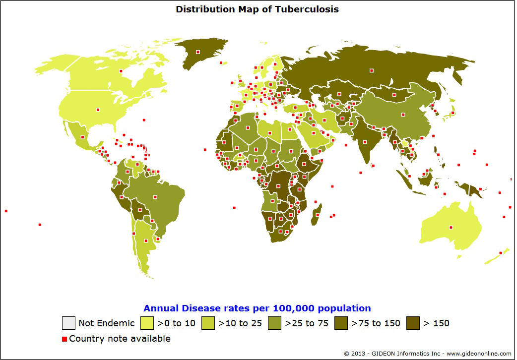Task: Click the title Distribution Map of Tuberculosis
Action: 257,9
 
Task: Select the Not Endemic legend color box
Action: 68,323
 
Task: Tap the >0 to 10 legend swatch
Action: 147,323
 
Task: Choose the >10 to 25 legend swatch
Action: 208,323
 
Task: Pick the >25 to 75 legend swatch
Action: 274,323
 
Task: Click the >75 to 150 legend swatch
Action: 341,323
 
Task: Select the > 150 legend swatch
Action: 413,323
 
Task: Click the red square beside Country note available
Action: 64,339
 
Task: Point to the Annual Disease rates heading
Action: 257,308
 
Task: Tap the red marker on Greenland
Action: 197,52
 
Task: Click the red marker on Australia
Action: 451,228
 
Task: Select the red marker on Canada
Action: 121,71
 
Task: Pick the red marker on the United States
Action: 98,110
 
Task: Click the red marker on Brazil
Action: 155,197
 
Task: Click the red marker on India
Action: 365,141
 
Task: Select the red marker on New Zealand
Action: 501,253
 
